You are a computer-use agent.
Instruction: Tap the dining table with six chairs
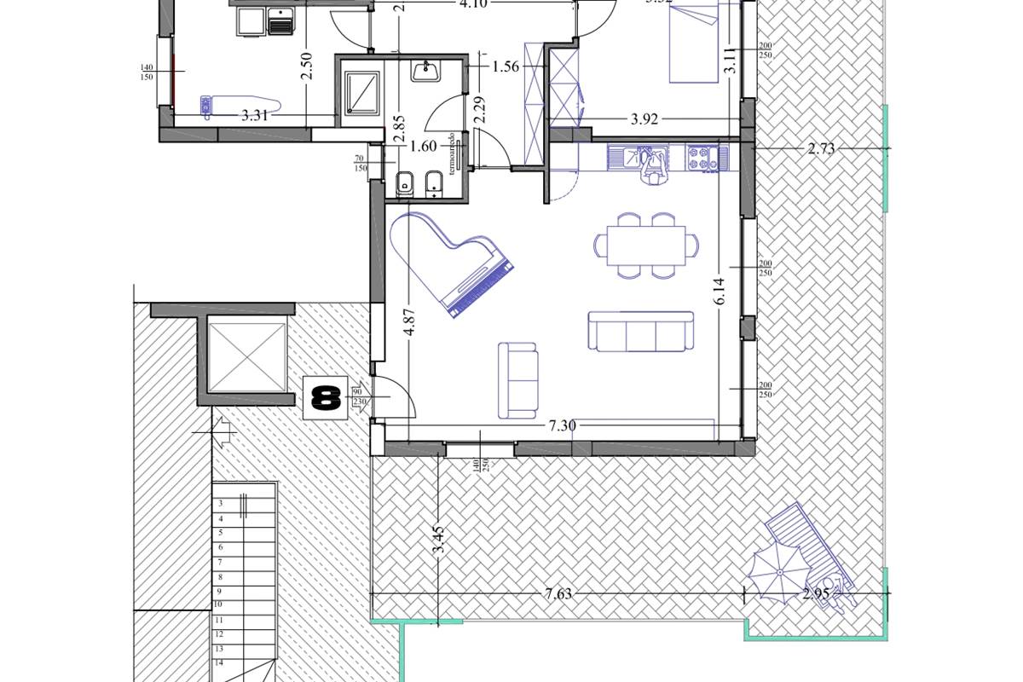(645, 246)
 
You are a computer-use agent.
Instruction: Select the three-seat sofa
(640, 332)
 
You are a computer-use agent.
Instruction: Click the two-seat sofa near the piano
(517, 380)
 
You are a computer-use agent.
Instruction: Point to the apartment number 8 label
(326, 398)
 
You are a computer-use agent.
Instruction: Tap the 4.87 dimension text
(411, 321)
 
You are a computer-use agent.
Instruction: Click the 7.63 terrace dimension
(558, 594)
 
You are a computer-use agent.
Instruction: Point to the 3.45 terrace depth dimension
(438, 540)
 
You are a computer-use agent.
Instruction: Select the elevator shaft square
(245, 352)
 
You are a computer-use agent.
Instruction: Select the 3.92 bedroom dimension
(644, 119)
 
